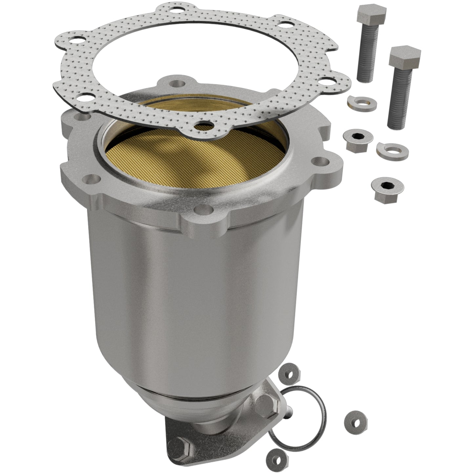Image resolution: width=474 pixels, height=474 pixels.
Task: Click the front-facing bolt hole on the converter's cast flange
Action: point(203,209)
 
